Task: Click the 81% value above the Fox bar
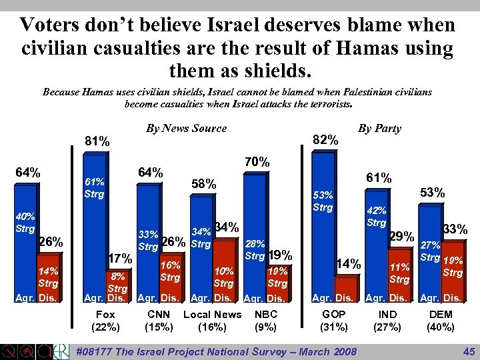pyautogui.click(x=97, y=141)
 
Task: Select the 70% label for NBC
pyautogui.click(x=257, y=162)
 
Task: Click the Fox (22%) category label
pyautogui.click(x=105, y=321)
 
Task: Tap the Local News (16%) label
pyautogui.click(x=212, y=321)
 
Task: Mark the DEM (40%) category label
pyautogui.click(x=441, y=321)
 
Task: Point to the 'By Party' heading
pyautogui.click(x=379, y=128)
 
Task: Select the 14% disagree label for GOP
pyautogui.click(x=347, y=264)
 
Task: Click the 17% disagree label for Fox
pyautogui.click(x=120, y=258)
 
